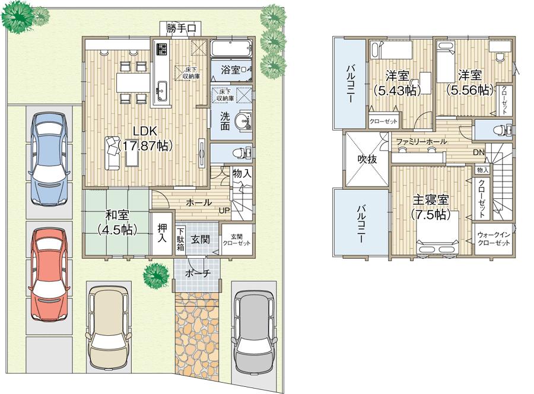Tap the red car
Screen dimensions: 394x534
pos(50,274)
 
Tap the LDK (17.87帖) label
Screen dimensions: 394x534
pos(144,138)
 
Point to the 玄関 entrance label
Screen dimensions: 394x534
pos(200,239)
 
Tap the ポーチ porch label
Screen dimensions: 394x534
pos(197,274)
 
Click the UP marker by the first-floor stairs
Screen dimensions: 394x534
pos(225,211)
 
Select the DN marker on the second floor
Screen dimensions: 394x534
pos(479,152)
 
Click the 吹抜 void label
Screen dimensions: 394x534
pos(367,160)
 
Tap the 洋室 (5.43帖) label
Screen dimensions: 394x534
pos(396,82)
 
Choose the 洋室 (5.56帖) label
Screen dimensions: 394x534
pos(469,82)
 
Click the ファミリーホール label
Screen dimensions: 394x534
pos(422,142)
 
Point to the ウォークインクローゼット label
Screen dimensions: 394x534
pos(494,239)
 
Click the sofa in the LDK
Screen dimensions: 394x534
pos(111,152)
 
